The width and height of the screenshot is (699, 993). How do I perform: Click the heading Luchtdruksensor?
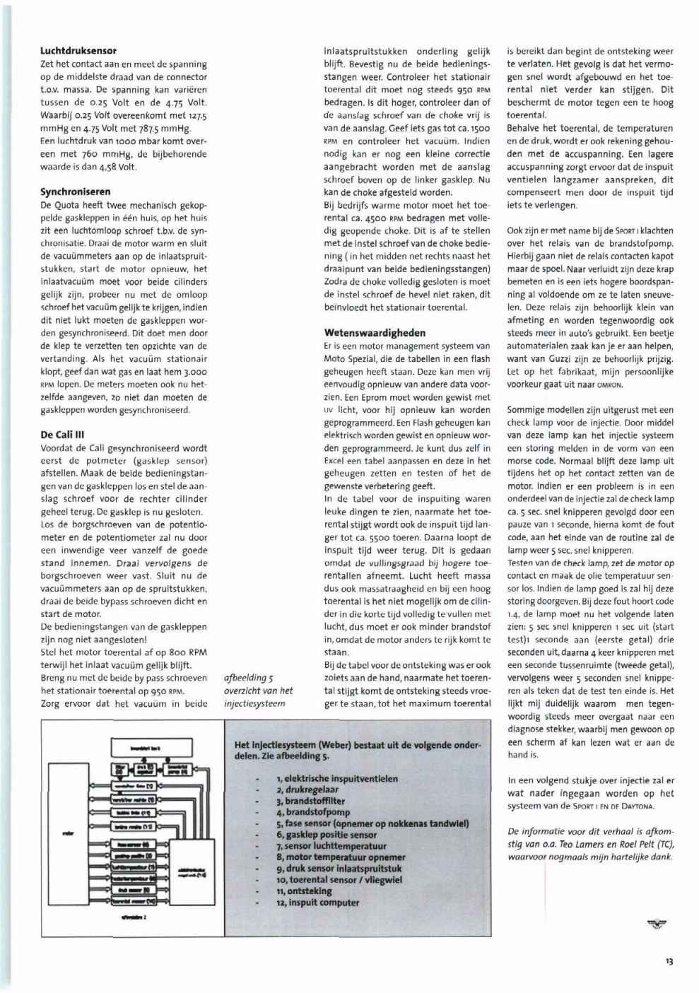coord(78,51)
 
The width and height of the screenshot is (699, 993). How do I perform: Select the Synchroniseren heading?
coord(75,192)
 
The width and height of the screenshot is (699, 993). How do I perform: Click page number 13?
coord(669,961)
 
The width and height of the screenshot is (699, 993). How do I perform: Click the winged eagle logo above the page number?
coord(657,922)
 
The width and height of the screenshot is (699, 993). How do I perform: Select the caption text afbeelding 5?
coord(244,678)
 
